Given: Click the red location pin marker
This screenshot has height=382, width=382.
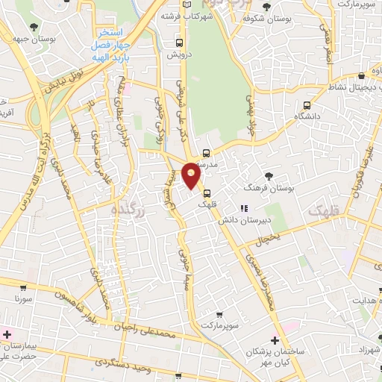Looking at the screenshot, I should [x=192, y=175].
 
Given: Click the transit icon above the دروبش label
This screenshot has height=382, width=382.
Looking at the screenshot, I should [x=179, y=43].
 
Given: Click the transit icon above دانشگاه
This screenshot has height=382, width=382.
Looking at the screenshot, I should [x=307, y=105].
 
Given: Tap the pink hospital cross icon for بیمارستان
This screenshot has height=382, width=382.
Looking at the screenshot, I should [x=7, y=334].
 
